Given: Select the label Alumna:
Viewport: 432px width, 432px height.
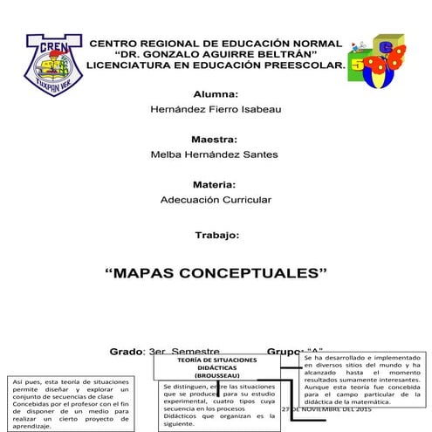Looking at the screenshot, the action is pyautogui.click(x=216, y=93).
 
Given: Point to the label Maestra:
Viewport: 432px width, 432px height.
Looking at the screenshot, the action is pyautogui.click(x=216, y=139).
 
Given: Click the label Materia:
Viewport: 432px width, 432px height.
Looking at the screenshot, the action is pyautogui.click(x=216, y=184).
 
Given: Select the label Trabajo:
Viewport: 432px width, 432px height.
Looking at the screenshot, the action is pyautogui.click(x=216, y=236).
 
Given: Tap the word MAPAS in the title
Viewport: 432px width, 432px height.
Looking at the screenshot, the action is pyautogui.click(x=144, y=272).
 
